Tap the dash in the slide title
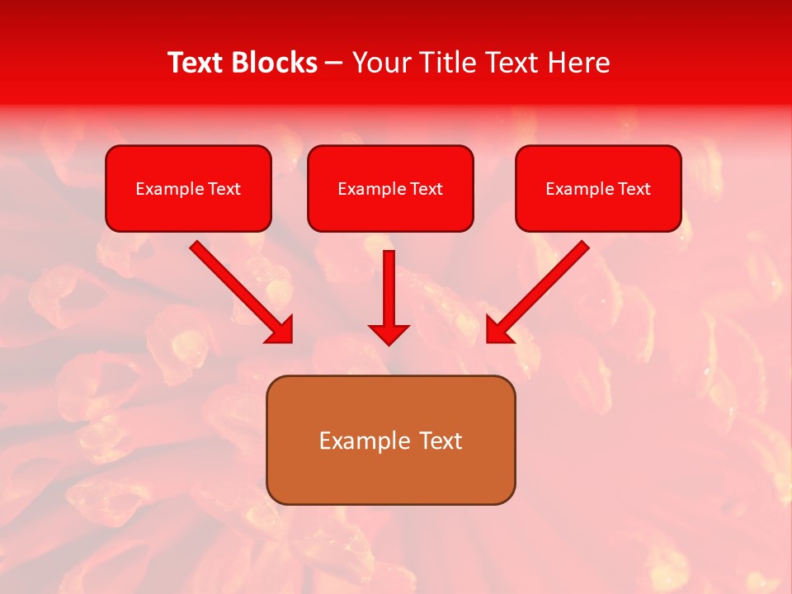tap(334, 64)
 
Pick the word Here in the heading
tap(577, 63)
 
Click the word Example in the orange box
tap(364, 441)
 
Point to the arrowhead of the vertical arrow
tap(389, 333)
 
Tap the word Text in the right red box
tap(634, 189)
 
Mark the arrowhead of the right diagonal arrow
tap(500, 329)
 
